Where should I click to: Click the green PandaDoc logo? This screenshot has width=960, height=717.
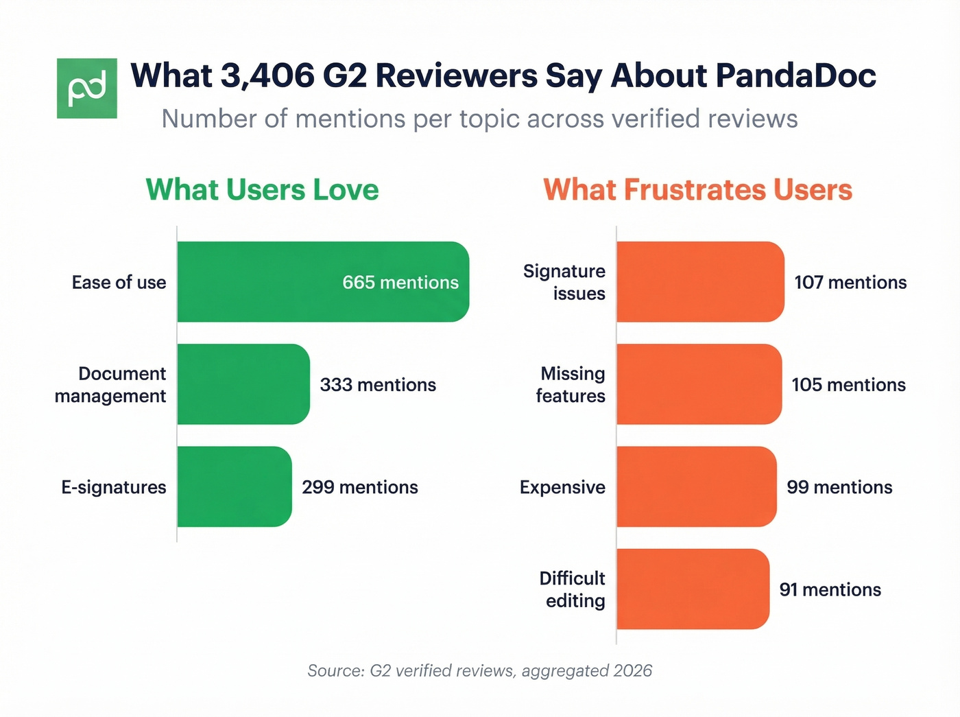87,89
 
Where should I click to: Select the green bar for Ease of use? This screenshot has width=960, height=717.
274,282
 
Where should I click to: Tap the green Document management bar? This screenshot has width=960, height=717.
243,384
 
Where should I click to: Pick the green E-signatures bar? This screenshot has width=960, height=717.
235,486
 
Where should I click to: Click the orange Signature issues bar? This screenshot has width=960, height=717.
700,282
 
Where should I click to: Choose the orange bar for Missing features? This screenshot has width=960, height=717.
699,384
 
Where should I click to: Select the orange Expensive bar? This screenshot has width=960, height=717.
697,486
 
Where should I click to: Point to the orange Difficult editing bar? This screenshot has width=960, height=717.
693,589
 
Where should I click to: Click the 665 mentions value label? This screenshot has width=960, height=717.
400,283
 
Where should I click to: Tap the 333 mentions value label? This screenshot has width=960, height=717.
378,385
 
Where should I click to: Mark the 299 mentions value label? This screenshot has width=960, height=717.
360,487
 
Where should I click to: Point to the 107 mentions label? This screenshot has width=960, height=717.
850,283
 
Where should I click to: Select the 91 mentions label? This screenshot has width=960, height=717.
830,590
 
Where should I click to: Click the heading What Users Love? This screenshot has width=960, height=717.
262,190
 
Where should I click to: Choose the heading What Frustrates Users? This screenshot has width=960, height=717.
697,190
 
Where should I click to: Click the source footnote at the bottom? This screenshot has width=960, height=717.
479,670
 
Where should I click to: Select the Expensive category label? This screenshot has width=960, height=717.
562,487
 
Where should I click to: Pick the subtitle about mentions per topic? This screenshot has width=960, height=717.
479,119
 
